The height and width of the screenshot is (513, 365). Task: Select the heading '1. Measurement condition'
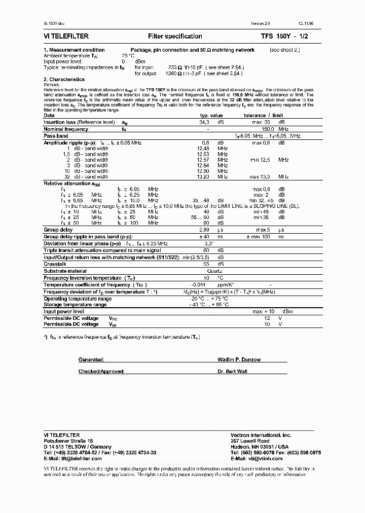74,50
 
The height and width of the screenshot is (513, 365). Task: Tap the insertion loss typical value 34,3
204,122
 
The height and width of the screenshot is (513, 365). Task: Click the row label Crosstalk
54,264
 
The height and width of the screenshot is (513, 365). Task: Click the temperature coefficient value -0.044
203,285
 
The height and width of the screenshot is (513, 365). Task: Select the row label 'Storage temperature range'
75,305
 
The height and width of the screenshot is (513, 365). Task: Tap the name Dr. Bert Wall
233,372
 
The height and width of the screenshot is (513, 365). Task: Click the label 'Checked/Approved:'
101,372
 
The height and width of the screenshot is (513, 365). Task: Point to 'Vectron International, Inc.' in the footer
261,435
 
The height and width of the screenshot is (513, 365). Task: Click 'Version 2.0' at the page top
262,24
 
